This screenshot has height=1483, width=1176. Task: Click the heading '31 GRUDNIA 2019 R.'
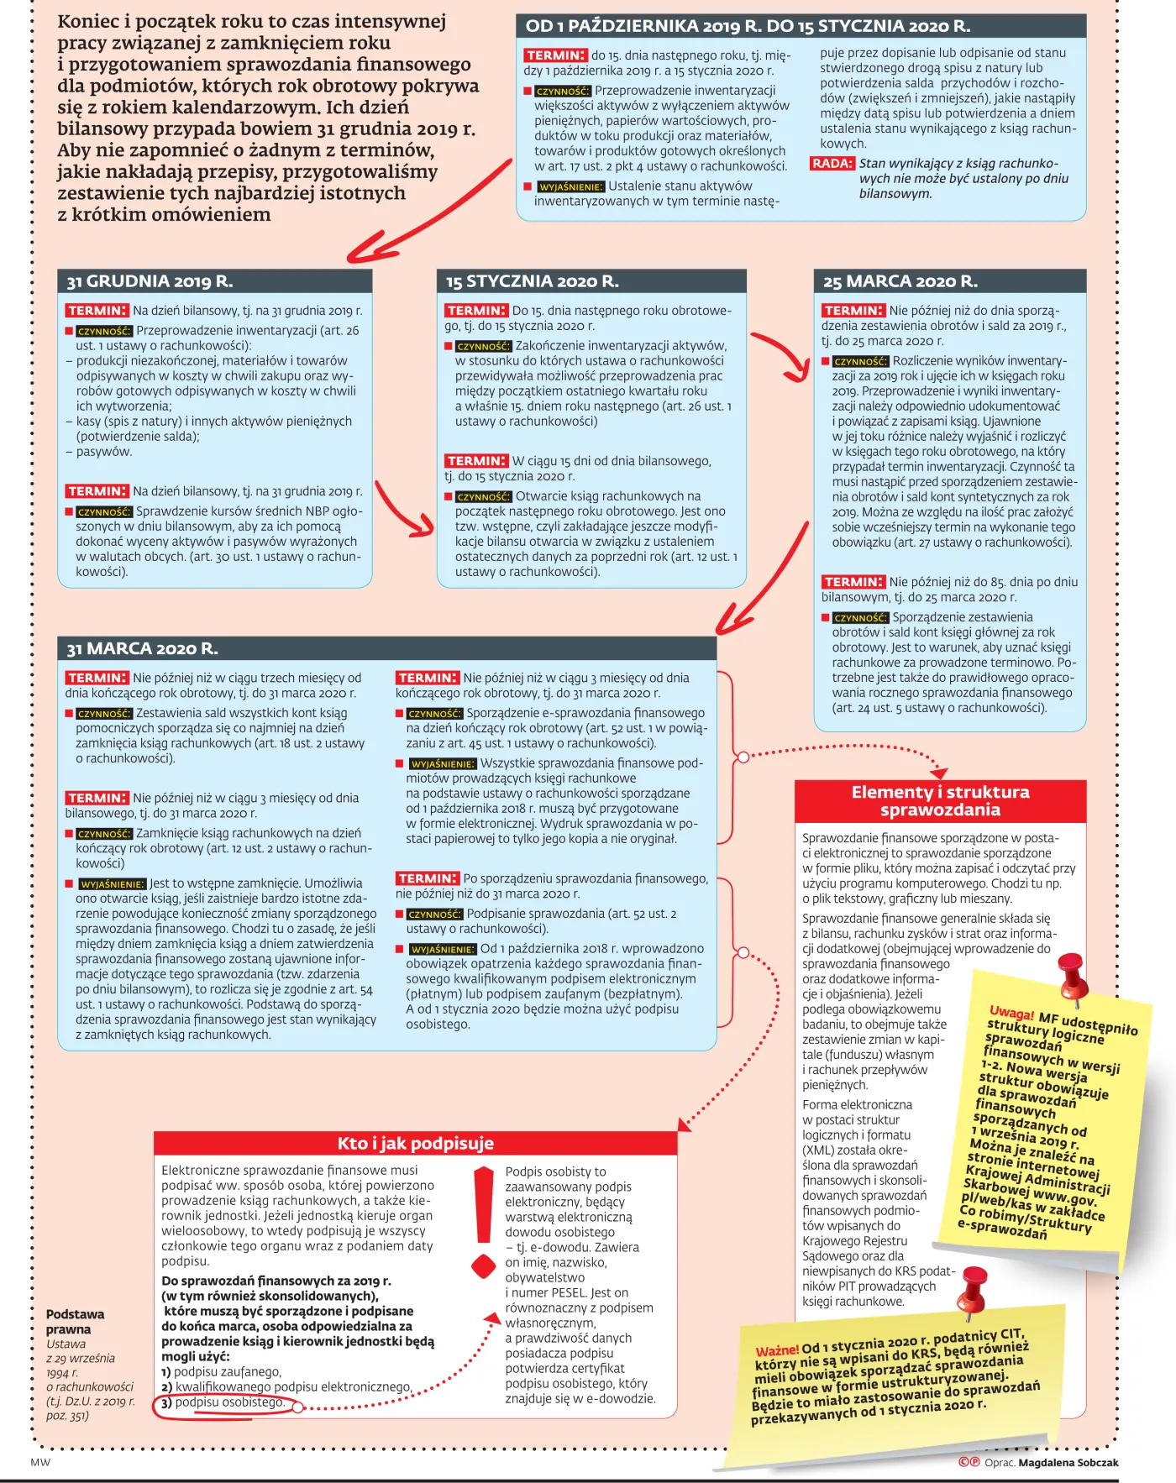150,281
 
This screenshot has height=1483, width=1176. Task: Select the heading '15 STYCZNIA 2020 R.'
532,281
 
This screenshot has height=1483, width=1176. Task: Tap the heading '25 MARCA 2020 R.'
900,281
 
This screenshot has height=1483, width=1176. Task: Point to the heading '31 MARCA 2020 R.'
143,648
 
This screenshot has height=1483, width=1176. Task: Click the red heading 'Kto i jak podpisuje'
416,1143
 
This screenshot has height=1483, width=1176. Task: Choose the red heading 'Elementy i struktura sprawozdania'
940,800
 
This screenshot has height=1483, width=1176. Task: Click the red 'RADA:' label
832,164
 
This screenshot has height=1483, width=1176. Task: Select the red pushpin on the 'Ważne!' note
973,1289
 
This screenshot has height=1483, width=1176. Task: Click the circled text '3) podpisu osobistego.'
223,1402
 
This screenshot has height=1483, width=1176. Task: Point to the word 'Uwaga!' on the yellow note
1011,1014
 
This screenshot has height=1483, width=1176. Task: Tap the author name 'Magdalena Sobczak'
1068,1462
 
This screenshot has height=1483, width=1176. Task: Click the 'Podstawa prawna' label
76,1322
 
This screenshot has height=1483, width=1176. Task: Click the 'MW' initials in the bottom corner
40,1462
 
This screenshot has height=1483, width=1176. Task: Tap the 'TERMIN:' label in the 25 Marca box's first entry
853,311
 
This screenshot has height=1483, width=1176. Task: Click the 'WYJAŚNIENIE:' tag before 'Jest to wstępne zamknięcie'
112,884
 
